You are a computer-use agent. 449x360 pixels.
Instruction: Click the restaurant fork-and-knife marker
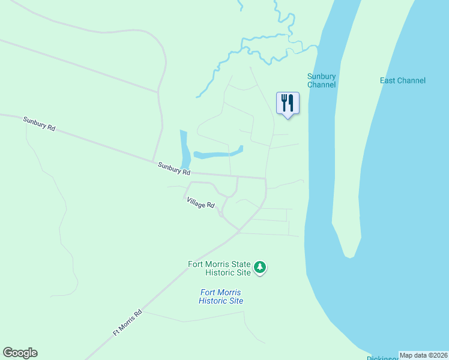(288, 103)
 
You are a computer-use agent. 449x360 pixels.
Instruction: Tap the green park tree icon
(260, 267)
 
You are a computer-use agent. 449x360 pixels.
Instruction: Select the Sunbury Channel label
(321, 80)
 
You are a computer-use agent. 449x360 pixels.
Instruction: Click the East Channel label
(402, 80)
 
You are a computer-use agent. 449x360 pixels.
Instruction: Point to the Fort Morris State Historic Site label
(219, 268)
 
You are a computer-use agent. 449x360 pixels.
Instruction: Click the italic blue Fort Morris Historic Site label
(221, 296)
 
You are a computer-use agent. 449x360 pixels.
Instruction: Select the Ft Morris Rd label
(128, 323)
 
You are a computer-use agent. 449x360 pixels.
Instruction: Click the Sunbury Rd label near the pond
(173, 167)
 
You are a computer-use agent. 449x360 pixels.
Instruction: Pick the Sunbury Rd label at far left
(39, 124)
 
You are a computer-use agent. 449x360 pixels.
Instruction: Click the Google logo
(20, 353)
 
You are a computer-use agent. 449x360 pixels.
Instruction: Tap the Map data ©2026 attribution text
(423, 355)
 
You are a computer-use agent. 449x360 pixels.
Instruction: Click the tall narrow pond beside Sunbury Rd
(185, 149)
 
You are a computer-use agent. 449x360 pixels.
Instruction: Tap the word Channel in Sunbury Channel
(321, 85)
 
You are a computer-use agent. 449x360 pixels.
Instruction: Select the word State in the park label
(238, 264)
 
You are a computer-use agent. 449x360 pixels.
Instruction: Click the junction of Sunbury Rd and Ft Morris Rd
(265, 178)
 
